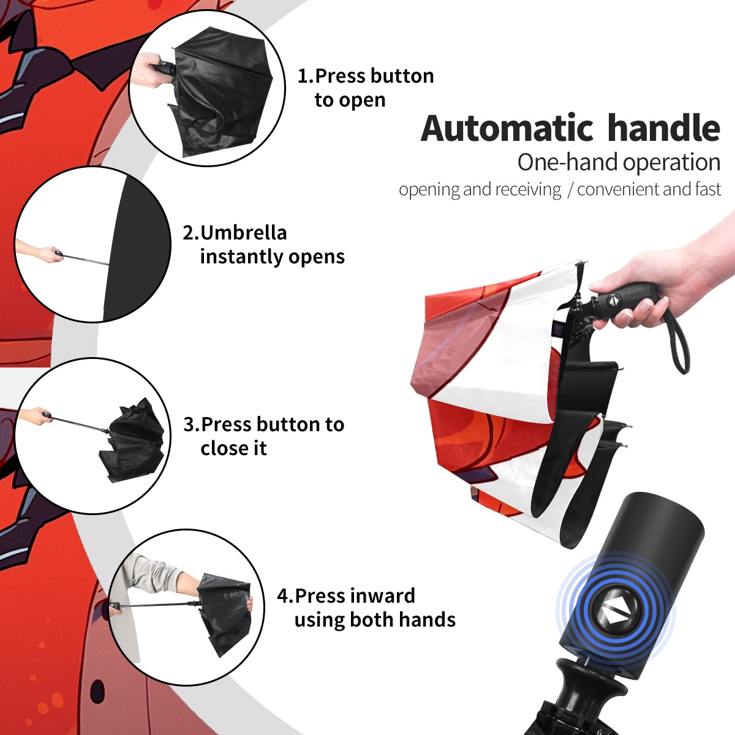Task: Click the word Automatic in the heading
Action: (x=507, y=129)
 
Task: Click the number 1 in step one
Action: (x=302, y=76)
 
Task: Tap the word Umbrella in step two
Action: (x=243, y=233)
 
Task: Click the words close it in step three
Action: (x=233, y=448)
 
